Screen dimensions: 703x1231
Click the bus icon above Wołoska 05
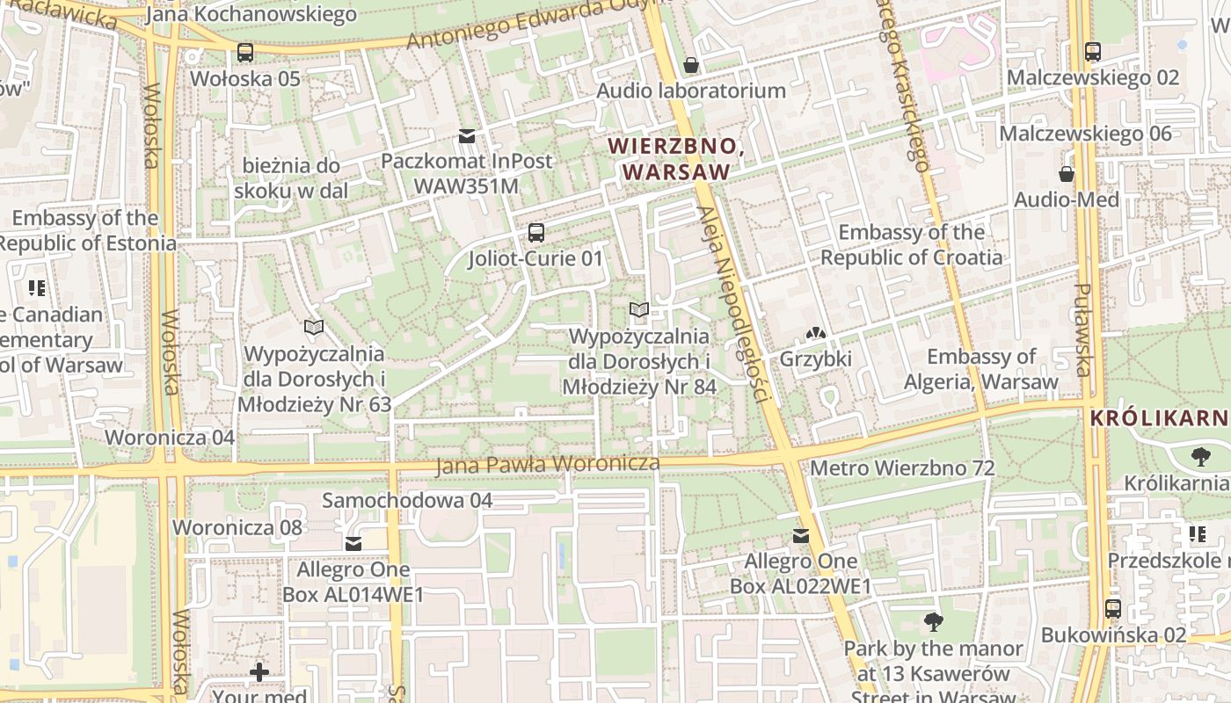pos(245,53)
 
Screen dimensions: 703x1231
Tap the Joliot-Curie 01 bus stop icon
pos(535,233)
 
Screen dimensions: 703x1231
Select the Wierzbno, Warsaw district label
pos(676,159)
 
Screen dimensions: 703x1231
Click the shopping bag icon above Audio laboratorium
pos(691,65)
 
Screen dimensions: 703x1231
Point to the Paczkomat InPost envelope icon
pos(466,136)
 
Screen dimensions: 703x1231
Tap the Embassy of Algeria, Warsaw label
pos(981,369)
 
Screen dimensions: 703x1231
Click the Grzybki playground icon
pos(815,334)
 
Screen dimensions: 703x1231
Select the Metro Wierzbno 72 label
pos(901,468)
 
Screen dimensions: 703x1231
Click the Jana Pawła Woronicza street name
pos(547,465)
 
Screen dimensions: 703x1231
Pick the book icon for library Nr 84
pos(639,310)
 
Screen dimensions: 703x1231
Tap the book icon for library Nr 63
pos(314,328)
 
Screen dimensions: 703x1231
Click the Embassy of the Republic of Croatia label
pos(911,244)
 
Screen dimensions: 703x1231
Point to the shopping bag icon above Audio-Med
pos(1067,174)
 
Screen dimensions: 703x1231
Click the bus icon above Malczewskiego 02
pos(1093,52)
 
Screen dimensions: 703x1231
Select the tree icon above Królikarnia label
pos(1200,457)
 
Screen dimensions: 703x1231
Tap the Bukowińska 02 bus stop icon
pos(1113,609)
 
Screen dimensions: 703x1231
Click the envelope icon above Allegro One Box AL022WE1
pos(800,536)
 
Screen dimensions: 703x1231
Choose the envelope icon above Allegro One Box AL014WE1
pos(353,544)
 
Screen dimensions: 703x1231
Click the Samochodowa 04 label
pos(407,501)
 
